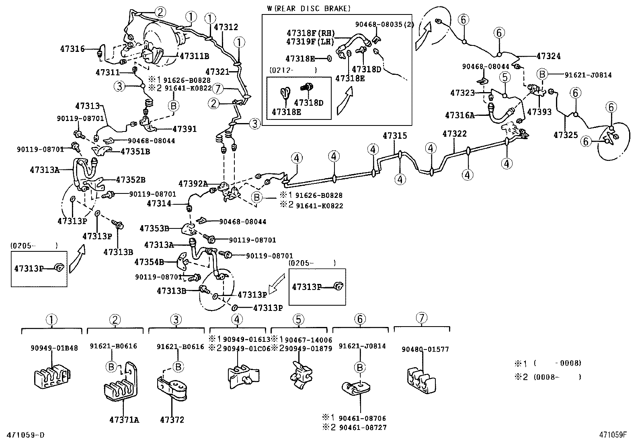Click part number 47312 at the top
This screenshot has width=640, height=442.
[x=226, y=27]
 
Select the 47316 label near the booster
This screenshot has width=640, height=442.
[x=72, y=49]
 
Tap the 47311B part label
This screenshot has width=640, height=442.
[x=195, y=56]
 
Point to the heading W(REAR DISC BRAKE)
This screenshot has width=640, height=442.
[x=308, y=8]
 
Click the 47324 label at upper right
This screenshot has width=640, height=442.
[x=548, y=56]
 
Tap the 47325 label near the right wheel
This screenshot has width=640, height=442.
[x=566, y=135]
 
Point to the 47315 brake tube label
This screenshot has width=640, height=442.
[x=395, y=136]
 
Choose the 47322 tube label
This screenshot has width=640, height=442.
[x=454, y=134]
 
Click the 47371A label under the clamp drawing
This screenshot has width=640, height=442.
[x=124, y=420]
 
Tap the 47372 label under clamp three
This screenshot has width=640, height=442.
[x=172, y=420]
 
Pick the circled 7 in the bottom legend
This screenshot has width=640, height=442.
[x=421, y=318]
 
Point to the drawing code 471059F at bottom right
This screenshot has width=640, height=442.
[x=613, y=435]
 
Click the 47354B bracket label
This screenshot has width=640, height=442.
[x=149, y=262]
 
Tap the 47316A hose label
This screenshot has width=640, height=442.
[x=460, y=115]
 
